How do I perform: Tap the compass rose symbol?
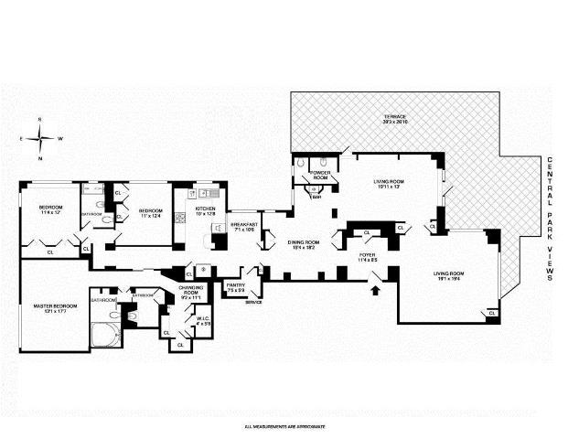click(x=40, y=139)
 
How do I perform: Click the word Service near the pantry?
click(x=253, y=302)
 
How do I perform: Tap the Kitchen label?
click(x=207, y=210)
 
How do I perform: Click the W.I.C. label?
click(x=203, y=320)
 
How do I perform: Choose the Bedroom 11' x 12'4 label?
click(x=151, y=214)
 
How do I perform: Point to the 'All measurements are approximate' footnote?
click(x=284, y=426)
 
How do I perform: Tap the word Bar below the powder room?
click(x=316, y=196)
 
